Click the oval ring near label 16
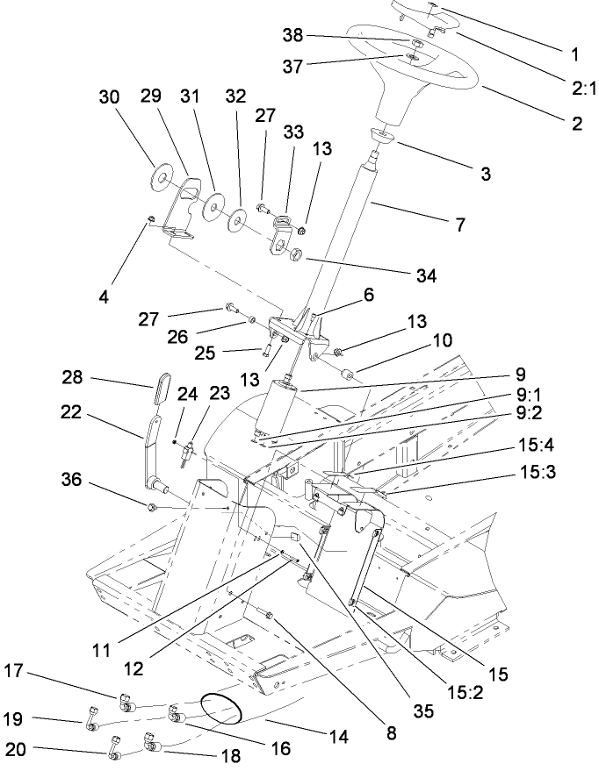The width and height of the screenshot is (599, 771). (220, 707)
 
